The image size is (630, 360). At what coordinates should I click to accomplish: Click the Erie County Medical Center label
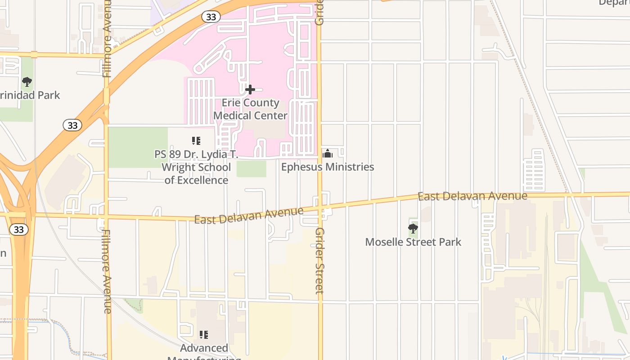click(250, 109)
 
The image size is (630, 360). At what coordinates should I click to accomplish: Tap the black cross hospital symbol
click(250, 90)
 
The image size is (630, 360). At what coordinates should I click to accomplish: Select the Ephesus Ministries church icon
click(328, 154)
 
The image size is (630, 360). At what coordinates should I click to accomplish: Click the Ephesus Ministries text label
click(328, 167)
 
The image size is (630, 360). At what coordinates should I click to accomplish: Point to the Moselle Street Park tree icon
click(413, 229)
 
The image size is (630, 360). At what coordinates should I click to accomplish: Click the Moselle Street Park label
click(413, 242)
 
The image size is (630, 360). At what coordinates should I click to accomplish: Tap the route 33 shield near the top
click(211, 17)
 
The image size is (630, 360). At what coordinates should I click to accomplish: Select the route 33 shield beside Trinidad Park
click(72, 125)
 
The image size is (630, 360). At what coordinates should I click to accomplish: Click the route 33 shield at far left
click(18, 229)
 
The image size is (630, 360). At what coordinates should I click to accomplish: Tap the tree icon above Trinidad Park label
click(27, 82)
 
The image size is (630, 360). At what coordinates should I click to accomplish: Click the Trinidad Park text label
click(30, 95)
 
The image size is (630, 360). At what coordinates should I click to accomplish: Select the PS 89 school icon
click(196, 141)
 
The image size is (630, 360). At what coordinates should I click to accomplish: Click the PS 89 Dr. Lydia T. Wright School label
click(196, 167)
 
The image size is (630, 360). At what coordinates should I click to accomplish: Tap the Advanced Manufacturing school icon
click(204, 334)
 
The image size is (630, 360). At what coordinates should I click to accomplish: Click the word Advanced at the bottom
click(204, 348)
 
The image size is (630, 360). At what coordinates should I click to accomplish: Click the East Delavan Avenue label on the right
click(472, 196)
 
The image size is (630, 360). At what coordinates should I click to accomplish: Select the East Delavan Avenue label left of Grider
click(249, 216)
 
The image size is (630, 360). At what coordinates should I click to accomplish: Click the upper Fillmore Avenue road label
click(107, 38)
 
